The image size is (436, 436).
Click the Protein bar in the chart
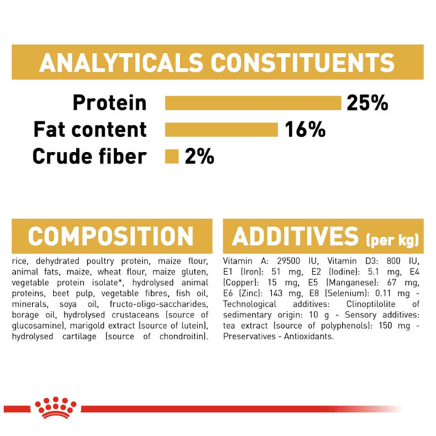253,103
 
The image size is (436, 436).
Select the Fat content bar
221,129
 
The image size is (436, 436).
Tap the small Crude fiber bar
171,156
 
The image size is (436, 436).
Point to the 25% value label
367,103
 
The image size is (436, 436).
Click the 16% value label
305,129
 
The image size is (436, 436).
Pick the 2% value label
199,156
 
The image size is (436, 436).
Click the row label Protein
109,103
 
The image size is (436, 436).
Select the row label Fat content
90,129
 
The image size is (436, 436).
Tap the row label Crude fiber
89,156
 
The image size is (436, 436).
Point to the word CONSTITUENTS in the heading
303,62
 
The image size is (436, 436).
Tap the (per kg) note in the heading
392,240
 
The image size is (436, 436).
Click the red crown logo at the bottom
55,407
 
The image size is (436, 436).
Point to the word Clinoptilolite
371,304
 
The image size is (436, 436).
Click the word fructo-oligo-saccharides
159,304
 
